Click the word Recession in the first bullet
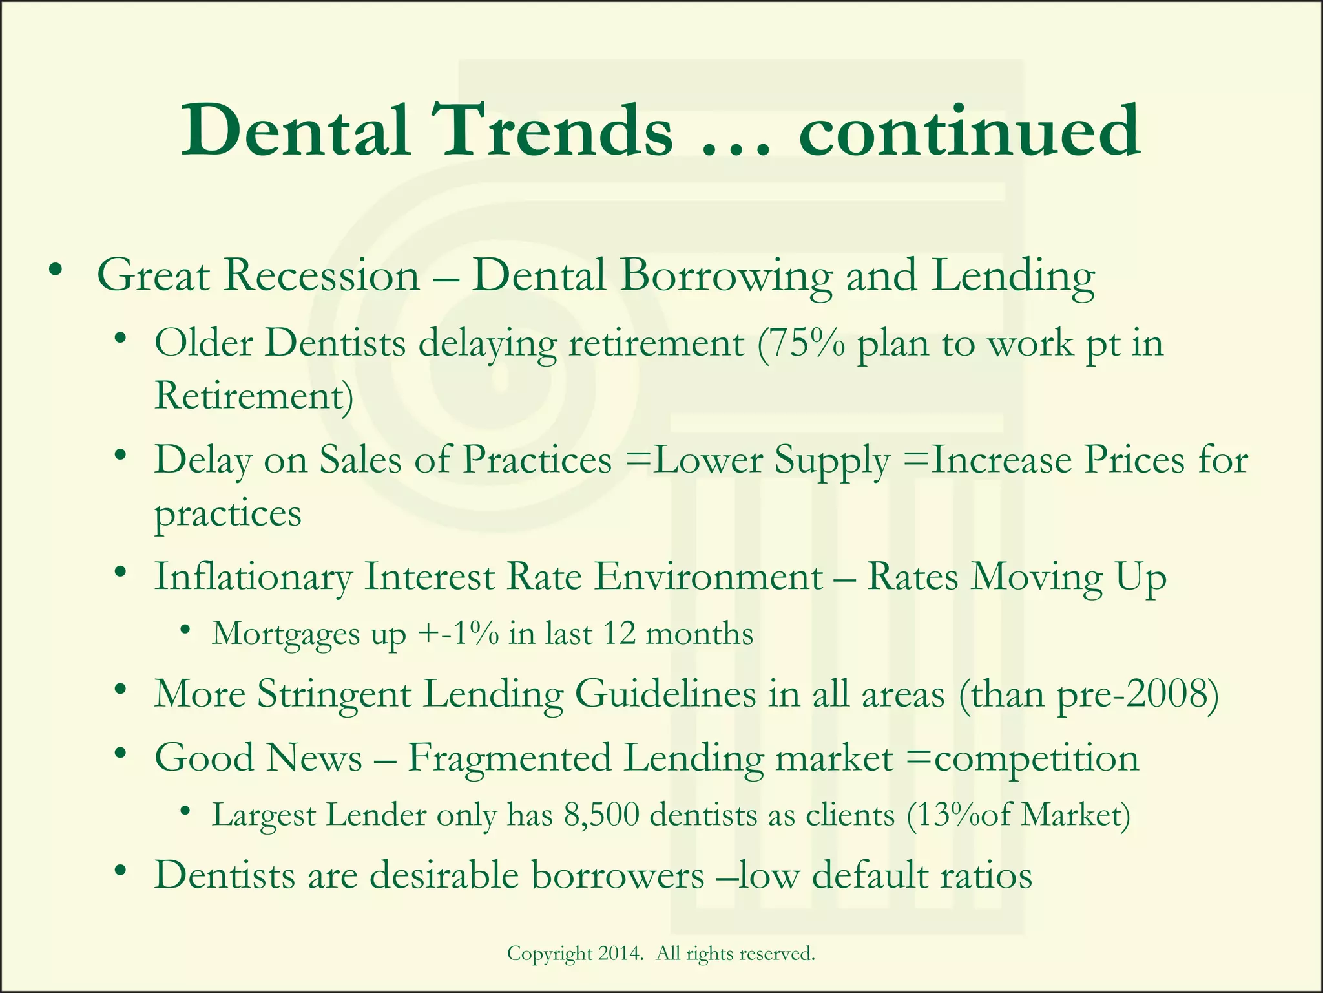(x=322, y=275)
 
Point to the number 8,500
(x=601, y=815)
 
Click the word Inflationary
(x=253, y=577)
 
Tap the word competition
(x=1036, y=758)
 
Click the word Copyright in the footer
(x=550, y=953)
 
